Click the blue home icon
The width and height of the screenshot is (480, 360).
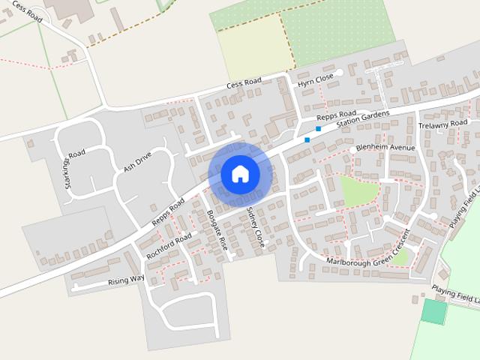[240, 173]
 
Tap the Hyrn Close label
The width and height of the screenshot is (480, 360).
[315, 79]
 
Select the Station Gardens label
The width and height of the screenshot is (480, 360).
[363, 118]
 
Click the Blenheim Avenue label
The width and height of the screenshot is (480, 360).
[385, 148]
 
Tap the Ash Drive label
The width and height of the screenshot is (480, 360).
[137, 162]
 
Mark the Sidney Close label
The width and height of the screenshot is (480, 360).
[255, 227]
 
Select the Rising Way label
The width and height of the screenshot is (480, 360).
[125, 280]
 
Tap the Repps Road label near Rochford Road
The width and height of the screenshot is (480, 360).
[168, 212]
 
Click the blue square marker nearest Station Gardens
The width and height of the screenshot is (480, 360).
[319, 129]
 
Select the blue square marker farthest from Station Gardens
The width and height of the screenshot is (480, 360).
[307, 139]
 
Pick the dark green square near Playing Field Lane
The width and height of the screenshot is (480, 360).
[433, 311]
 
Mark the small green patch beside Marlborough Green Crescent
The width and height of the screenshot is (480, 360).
[401, 257]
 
